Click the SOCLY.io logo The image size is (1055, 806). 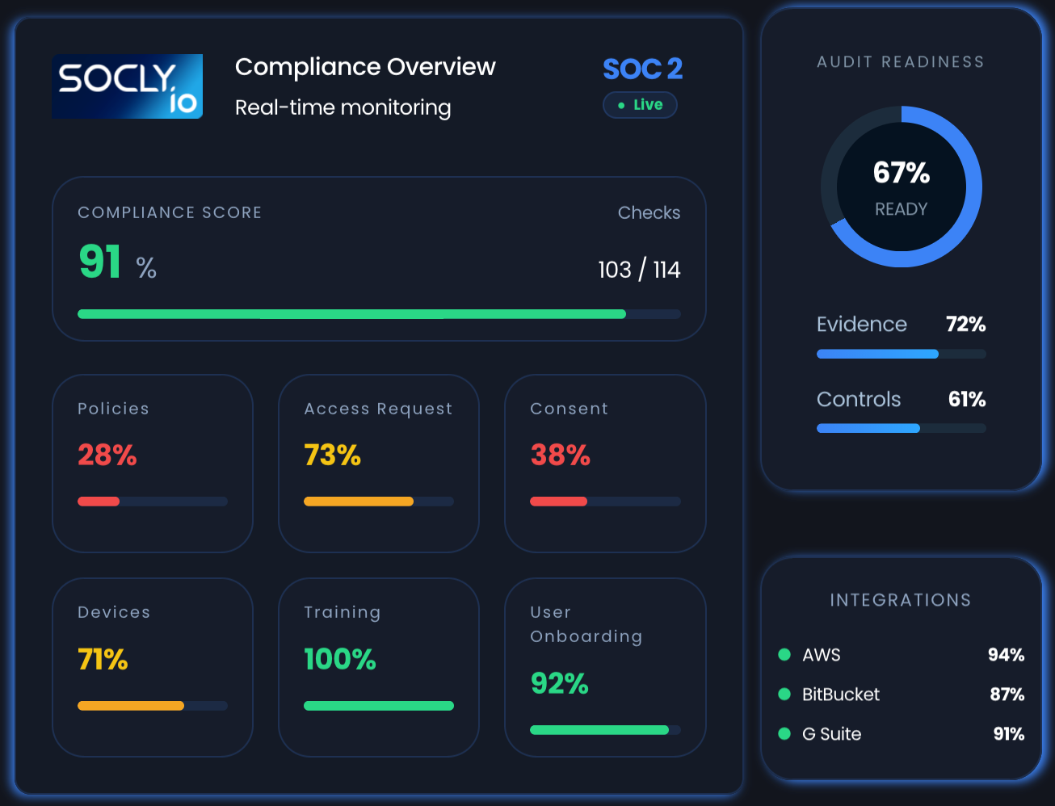[127, 86]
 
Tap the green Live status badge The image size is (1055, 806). [640, 105]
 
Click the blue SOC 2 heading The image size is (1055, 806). [642, 69]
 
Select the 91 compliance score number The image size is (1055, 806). [100, 262]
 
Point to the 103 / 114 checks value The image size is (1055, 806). [638, 270]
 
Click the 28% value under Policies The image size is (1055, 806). [107, 455]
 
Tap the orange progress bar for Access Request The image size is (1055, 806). [358, 502]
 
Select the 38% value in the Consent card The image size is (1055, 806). [560, 455]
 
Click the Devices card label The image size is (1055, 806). [114, 612]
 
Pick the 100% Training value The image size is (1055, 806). [339, 659]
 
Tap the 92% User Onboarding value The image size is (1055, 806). [559, 683]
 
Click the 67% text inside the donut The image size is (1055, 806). [901, 173]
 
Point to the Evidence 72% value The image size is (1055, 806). [965, 324]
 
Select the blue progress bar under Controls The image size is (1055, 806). [868, 428]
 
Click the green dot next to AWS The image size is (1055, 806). [784, 654]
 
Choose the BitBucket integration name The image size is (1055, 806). [840, 695]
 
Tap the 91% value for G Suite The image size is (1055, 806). [1008, 734]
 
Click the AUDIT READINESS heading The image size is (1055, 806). [900, 62]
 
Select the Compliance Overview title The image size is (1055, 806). [365, 67]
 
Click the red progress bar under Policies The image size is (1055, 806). [99, 502]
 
